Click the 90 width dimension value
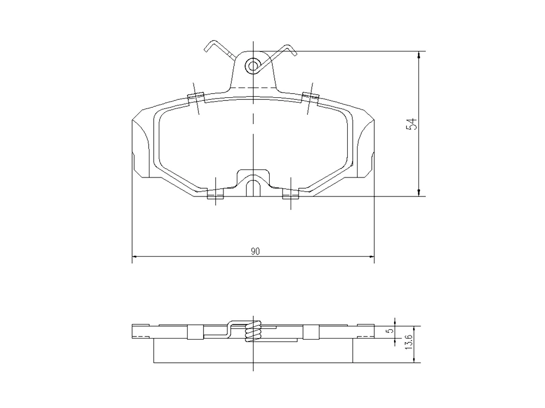255,252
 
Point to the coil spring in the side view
253,331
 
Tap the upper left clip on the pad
196,98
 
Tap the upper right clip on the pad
310,98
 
